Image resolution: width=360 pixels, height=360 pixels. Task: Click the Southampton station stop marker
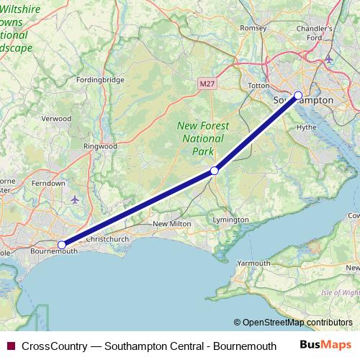pyautogui.click(x=298, y=95)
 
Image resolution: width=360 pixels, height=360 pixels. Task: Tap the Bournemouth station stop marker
pyautogui.click(x=62, y=245)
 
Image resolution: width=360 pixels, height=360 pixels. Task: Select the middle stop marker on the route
pyautogui.click(x=214, y=171)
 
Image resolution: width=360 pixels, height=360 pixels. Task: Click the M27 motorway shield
pyautogui.click(x=207, y=84)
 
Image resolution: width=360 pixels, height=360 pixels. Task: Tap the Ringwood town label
pyautogui.click(x=100, y=146)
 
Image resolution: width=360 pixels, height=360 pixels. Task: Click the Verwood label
pyautogui.click(x=57, y=118)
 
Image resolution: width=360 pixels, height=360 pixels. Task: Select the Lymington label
pyautogui.click(x=231, y=220)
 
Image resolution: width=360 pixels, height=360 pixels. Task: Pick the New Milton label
pyautogui.click(x=171, y=225)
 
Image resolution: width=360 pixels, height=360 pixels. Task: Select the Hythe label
pyautogui.click(x=306, y=127)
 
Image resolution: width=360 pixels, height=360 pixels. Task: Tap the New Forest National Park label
pyautogui.click(x=203, y=138)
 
